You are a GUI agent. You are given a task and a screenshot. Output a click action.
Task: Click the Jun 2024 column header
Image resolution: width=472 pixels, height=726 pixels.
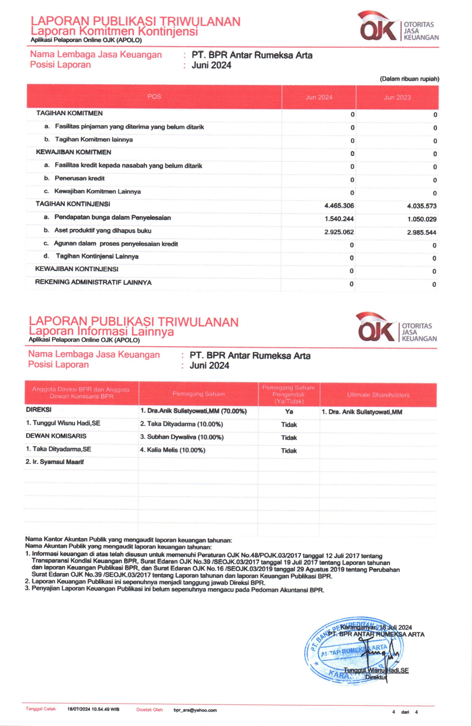pyautogui.click(x=319, y=97)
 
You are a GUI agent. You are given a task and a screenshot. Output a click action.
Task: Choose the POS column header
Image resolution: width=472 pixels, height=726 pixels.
pyautogui.click(x=154, y=97)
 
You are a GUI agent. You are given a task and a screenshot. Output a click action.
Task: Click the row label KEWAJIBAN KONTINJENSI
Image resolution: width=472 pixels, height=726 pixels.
pyautogui.click(x=77, y=269)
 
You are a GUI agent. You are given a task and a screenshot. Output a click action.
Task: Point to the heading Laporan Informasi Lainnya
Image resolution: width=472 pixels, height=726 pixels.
pyautogui.click(x=101, y=331)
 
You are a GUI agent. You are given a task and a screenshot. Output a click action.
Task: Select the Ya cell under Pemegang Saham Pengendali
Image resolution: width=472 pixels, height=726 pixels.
pyautogui.click(x=289, y=412)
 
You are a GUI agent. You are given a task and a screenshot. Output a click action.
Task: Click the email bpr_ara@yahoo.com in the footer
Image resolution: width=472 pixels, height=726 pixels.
pyautogui.click(x=195, y=710)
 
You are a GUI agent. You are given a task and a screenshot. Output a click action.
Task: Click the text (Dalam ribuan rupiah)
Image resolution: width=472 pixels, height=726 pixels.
pyautogui.click(x=409, y=79)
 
